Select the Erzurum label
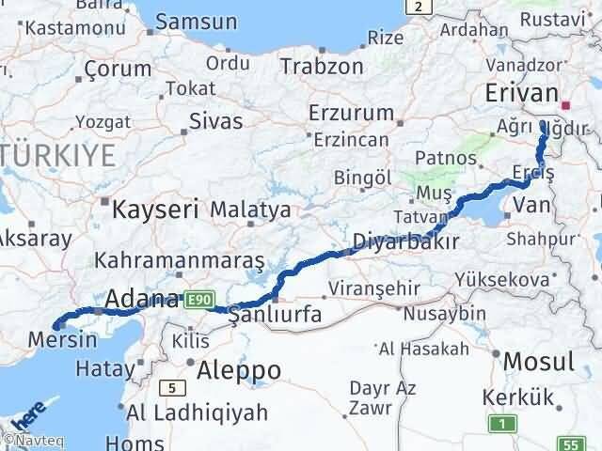point(352,113)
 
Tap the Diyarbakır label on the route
point(405,241)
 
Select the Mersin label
point(63,339)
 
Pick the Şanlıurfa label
point(276,317)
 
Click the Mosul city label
point(539,361)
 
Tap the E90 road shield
point(197,299)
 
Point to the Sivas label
point(215,121)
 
